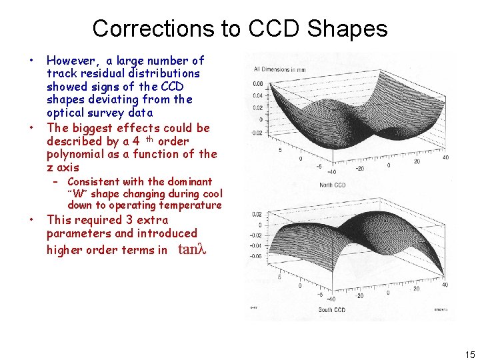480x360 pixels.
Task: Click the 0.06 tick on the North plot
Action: click(257, 84)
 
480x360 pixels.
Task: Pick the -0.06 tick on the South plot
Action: click(256, 255)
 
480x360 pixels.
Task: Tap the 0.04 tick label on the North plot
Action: click(257, 96)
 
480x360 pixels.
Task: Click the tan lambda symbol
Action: click(192, 250)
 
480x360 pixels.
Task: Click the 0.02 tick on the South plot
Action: click(257, 214)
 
